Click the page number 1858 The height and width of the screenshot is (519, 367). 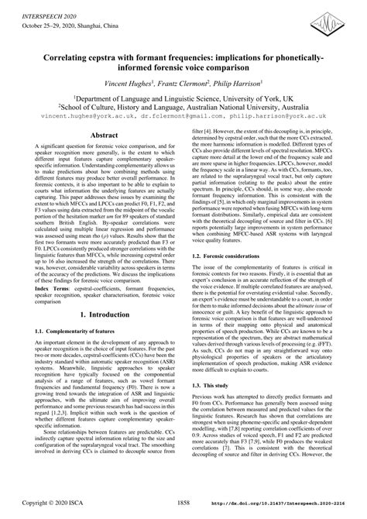[183, 504]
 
